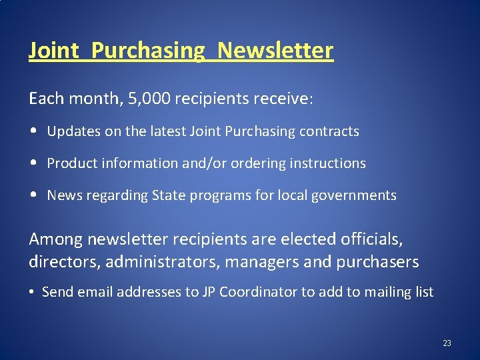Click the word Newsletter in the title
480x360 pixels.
coord(275,50)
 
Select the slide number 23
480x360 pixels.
coord(447,343)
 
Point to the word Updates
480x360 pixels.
coord(69,131)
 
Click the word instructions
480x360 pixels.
coord(327,163)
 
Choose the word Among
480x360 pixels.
coord(55,238)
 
